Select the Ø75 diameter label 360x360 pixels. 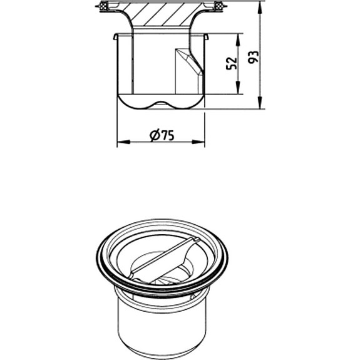(x=162, y=136)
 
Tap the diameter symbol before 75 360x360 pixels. (x=154, y=136)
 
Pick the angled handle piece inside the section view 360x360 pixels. (x=188, y=69)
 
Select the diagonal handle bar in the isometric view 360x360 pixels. (x=164, y=259)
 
